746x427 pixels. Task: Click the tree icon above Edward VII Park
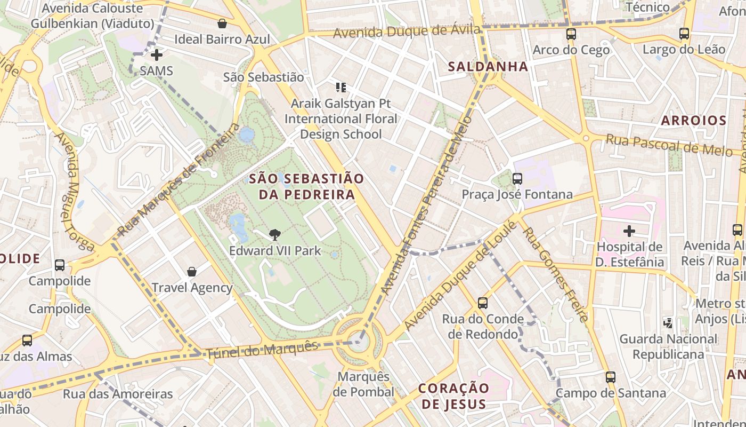tap(274, 234)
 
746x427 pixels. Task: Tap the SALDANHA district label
tap(488, 67)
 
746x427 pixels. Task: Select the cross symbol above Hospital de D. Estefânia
tap(629, 231)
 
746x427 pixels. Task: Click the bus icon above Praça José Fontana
tap(517, 179)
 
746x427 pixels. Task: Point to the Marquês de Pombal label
tap(363, 384)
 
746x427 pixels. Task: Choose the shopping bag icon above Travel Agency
tap(192, 272)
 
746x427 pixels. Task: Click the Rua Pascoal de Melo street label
tap(669, 145)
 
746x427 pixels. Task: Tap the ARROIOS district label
tap(694, 121)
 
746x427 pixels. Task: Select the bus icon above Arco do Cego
tap(571, 34)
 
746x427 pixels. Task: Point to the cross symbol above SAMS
tap(157, 55)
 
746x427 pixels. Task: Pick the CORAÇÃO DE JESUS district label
tap(453, 396)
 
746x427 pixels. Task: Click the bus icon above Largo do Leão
tap(684, 34)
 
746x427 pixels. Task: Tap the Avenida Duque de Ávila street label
tap(407, 31)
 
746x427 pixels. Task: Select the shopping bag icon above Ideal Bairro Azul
tap(222, 23)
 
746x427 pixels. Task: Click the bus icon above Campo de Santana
tap(611, 377)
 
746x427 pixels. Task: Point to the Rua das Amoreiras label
tap(118, 394)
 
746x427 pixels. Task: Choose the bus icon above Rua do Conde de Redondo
tap(483, 303)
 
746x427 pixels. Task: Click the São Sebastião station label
tap(263, 77)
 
